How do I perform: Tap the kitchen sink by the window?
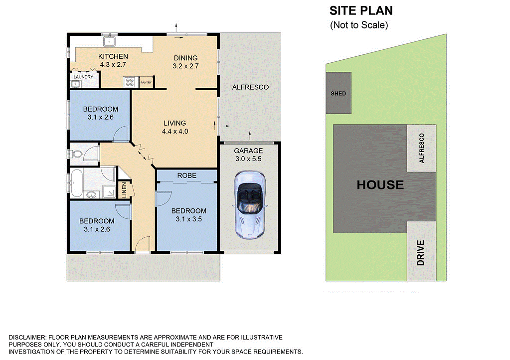tap(110, 41)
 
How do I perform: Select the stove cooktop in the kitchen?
tap(130, 82)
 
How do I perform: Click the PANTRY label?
tap(146, 83)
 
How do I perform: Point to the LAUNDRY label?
tap(83, 77)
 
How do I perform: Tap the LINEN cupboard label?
tap(125, 190)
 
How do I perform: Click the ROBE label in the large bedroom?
tap(186, 176)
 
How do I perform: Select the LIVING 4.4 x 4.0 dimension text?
tap(174, 132)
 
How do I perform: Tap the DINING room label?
tap(185, 58)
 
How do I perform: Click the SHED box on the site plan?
tap(338, 93)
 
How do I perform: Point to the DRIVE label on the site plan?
tap(421, 252)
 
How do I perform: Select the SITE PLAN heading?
tap(361, 10)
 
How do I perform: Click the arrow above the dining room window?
tap(176, 26)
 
